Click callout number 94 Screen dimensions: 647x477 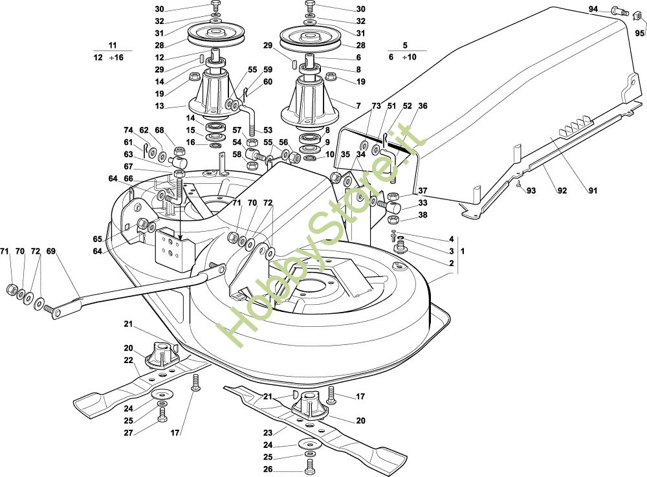tap(593, 9)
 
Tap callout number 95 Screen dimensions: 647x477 tap(640, 33)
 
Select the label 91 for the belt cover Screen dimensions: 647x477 tap(593, 191)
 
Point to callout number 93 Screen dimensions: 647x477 tap(531, 191)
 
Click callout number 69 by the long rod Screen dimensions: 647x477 tap(50, 251)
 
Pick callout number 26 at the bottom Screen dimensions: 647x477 tap(269, 470)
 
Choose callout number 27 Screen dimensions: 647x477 tap(129, 433)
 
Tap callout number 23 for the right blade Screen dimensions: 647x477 tap(269, 433)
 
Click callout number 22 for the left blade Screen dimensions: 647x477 tap(129, 361)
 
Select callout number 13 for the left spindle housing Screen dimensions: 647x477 tap(159, 106)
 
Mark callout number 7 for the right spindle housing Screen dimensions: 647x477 tap(358, 106)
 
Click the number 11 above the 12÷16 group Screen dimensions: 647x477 tap(112, 45)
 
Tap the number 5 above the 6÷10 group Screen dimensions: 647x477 tap(405, 45)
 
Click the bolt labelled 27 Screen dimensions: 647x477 tap(162, 414)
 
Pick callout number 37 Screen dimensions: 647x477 tap(422, 191)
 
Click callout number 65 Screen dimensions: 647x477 tap(98, 239)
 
